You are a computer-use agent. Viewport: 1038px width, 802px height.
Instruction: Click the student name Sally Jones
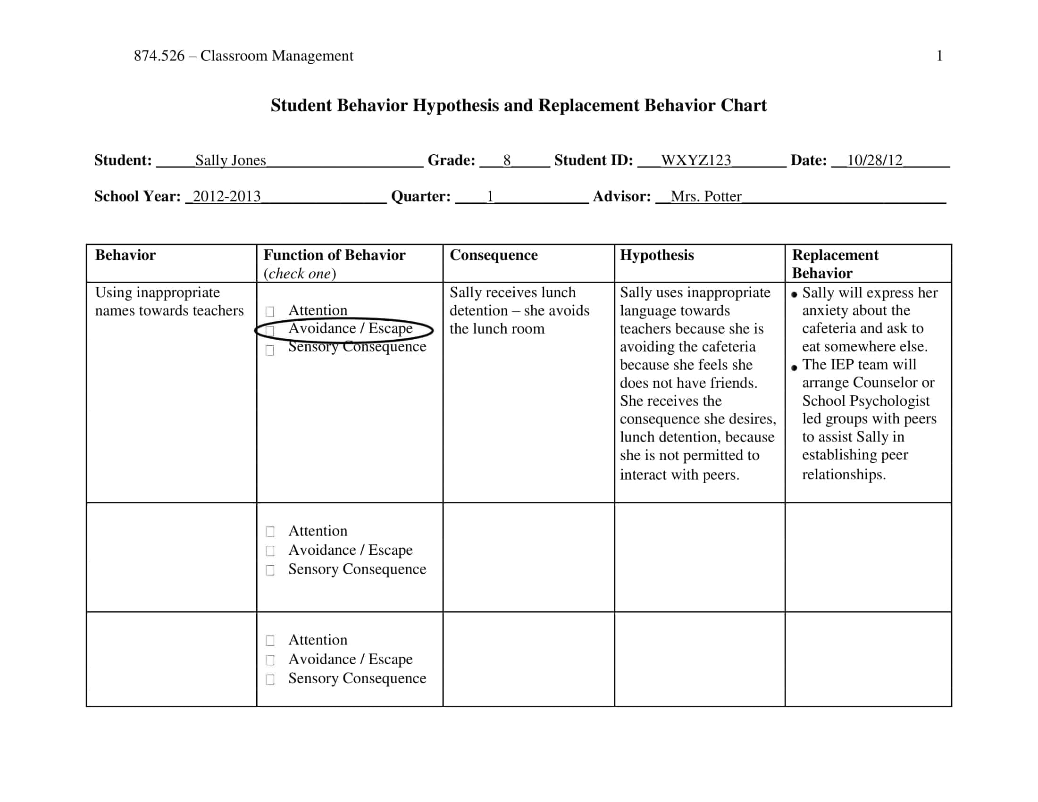click(x=231, y=160)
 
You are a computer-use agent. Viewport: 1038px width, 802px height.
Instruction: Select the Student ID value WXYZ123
click(x=696, y=160)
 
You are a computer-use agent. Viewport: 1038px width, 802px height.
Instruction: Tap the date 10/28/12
click(x=874, y=160)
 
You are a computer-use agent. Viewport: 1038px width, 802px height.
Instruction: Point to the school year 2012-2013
click(x=226, y=196)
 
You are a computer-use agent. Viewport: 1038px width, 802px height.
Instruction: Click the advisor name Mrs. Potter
click(x=706, y=196)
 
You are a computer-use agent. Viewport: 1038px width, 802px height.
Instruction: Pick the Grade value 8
click(x=507, y=160)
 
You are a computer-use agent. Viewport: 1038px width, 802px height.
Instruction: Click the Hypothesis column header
click(x=656, y=255)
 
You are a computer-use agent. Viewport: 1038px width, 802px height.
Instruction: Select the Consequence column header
click(x=494, y=255)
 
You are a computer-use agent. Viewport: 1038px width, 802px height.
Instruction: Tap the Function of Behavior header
click(x=334, y=255)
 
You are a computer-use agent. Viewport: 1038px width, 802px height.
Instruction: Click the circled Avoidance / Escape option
click(x=350, y=329)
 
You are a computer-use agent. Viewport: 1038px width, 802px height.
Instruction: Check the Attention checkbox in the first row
click(x=270, y=312)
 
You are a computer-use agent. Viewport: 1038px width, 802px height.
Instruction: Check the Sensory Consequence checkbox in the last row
click(x=270, y=680)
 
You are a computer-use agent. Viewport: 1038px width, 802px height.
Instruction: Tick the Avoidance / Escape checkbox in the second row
click(x=270, y=551)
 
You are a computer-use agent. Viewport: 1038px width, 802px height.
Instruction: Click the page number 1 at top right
click(x=939, y=56)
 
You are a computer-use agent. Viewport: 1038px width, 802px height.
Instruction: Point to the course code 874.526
click(x=159, y=56)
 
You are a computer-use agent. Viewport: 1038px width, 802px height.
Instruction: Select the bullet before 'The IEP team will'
click(x=794, y=367)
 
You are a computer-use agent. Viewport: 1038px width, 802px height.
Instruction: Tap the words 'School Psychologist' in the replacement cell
click(x=865, y=401)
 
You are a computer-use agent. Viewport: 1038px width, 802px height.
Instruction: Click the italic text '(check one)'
click(x=300, y=274)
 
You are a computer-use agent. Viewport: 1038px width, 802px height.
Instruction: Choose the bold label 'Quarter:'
click(x=420, y=196)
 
